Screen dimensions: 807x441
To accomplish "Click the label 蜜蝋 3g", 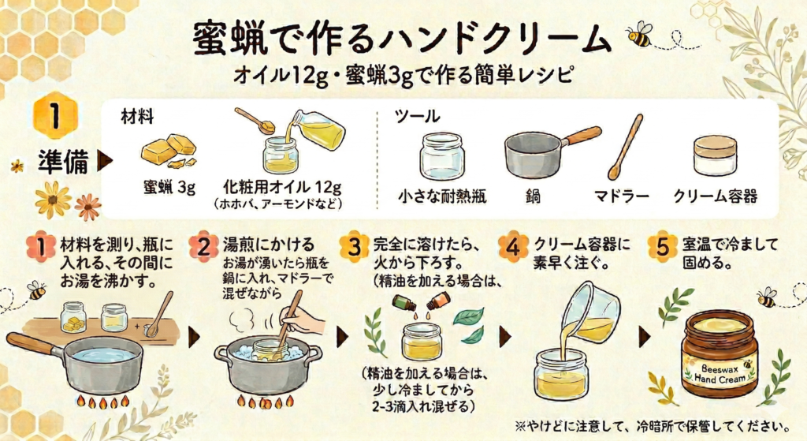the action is click(x=169, y=188).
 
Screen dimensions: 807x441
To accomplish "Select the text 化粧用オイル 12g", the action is click(x=282, y=186).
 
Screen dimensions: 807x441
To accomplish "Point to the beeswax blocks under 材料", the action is click(x=169, y=151).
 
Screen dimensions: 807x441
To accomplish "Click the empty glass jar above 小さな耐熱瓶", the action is click(x=441, y=157).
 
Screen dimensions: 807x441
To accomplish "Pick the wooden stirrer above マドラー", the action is click(x=625, y=147).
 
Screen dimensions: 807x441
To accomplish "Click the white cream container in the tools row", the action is click(x=715, y=155).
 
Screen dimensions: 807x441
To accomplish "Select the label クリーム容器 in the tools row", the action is click(x=716, y=196).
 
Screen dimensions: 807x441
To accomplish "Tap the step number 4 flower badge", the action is click(x=513, y=246).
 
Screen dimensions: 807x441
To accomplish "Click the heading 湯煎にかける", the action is click(x=268, y=245).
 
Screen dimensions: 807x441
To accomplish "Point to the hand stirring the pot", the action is click(x=303, y=324).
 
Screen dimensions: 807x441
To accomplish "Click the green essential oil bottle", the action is click(x=404, y=302).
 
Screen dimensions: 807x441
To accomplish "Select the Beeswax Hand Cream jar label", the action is click(x=720, y=373).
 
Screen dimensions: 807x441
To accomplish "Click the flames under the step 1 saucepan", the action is click(x=103, y=402).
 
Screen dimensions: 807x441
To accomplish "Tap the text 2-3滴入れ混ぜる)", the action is click(x=422, y=407).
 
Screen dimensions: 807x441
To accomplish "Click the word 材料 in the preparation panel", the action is click(x=137, y=117).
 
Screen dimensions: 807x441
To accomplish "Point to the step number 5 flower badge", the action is click(x=662, y=246).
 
